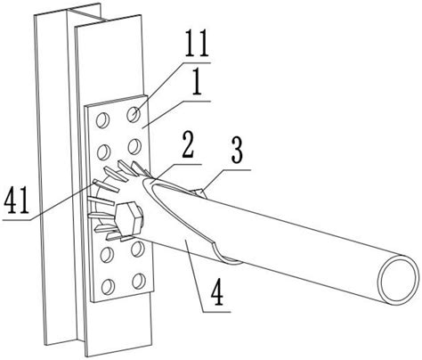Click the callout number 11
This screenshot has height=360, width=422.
197,46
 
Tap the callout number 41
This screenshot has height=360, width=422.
17,200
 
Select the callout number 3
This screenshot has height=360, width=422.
237,151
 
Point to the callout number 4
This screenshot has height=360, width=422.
217,293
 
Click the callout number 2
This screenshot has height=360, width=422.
188,146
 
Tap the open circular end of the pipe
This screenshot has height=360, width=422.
397,279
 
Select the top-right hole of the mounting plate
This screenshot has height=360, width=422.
134,114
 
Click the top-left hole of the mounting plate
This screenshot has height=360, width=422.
102,120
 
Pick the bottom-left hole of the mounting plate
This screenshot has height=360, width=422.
108,287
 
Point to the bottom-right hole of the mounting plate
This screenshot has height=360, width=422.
139,281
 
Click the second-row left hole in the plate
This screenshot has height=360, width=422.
103,151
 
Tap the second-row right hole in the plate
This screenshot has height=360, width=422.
134,146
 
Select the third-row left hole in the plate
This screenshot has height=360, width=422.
107,254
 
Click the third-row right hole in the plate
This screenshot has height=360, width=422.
137,249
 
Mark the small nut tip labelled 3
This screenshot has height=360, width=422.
199,192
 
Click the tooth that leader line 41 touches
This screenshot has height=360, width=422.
106,185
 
